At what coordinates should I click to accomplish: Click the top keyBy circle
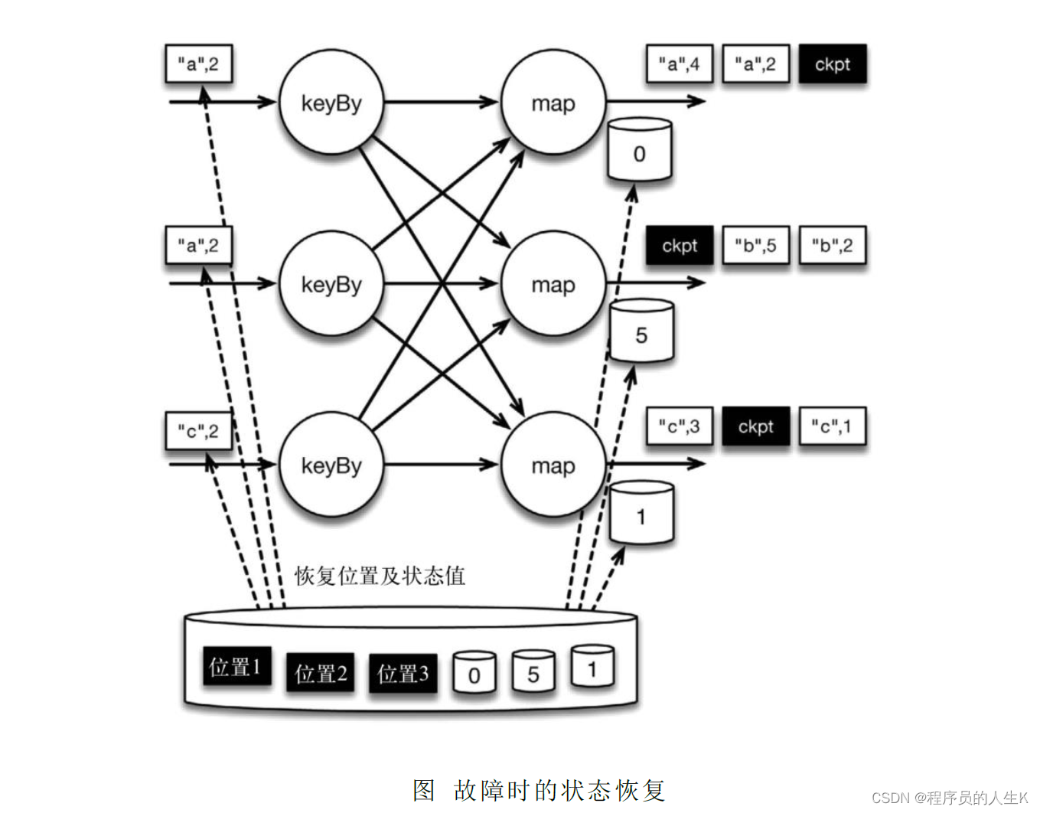coord(331,102)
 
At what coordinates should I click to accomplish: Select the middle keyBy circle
coord(331,284)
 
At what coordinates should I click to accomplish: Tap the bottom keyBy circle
coord(331,465)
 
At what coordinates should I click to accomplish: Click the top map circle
coord(553,102)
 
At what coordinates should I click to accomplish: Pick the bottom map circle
coord(553,465)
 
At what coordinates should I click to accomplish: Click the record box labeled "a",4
coord(679,64)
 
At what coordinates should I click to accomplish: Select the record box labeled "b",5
coord(755,246)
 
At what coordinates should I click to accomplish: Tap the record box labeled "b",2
coord(832,246)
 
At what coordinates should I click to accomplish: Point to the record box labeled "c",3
coord(679,426)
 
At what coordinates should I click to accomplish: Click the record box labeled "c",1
coord(832,426)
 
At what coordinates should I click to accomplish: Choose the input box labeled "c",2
coord(198,431)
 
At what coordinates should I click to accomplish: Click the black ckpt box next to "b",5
coord(679,246)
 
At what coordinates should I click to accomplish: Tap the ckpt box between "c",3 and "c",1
coord(755,426)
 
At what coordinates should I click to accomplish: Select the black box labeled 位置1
coord(236,667)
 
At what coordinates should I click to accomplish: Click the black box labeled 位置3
coord(403,674)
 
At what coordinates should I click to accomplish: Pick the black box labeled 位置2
coord(321,674)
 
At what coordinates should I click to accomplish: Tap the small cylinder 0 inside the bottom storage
coord(474,673)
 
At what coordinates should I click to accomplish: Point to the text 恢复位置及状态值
coord(380,576)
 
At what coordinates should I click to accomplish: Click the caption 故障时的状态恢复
coord(559,790)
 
